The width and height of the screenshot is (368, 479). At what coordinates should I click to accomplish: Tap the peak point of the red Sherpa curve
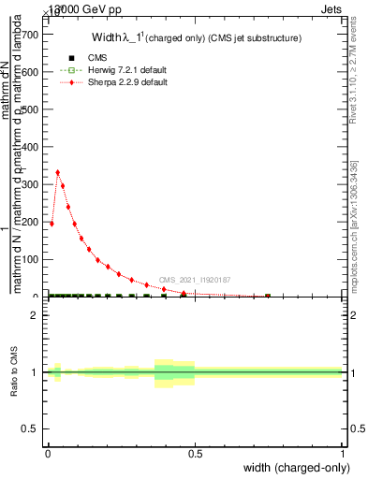pos(58,172)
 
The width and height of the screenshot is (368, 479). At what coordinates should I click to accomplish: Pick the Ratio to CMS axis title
pos(14,371)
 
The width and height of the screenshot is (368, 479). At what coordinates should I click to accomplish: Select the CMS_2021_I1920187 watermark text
pos(194,280)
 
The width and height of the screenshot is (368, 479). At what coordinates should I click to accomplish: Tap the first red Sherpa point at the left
pos(52,224)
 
